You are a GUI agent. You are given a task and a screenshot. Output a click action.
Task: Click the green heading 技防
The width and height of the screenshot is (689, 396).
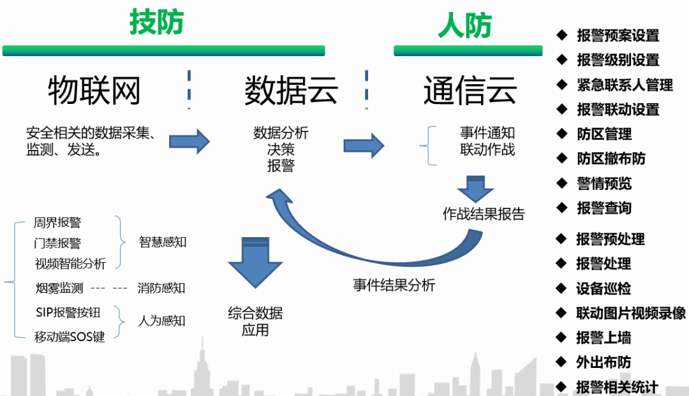(156, 23)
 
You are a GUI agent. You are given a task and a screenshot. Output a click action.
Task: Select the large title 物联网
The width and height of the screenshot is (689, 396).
(94, 91)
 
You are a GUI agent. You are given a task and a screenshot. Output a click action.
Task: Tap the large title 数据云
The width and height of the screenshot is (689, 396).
(292, 91)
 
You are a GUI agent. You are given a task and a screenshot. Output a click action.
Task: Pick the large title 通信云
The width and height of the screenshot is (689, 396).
(470, 91)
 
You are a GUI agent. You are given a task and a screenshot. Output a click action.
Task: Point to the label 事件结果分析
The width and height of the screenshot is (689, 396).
(394, 285)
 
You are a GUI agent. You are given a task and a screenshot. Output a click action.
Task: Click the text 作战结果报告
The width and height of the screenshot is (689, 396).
(484, 214)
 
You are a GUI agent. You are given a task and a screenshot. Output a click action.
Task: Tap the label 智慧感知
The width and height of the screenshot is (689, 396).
(163, 242)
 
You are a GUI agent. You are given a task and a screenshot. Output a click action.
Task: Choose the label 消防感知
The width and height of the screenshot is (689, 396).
(161, 288)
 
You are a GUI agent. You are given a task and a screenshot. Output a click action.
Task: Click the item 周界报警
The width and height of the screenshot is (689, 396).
(57, 223)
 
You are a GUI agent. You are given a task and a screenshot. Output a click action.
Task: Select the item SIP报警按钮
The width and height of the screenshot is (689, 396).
(68, 312)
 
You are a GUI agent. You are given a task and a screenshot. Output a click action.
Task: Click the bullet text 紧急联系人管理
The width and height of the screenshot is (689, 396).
(625, 85)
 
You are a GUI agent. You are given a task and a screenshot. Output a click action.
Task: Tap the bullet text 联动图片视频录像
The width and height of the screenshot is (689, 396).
(630, 313)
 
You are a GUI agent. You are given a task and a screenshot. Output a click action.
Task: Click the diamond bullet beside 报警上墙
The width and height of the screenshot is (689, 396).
(561, 337)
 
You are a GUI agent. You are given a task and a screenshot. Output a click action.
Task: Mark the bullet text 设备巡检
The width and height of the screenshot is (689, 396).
(603, 288)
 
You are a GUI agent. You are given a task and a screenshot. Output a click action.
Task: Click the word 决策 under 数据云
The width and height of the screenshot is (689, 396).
(281, 150)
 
